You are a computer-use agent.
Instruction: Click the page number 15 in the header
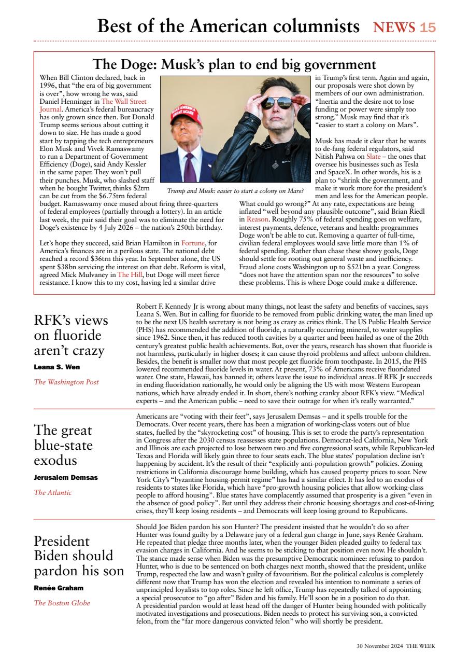(428, 27)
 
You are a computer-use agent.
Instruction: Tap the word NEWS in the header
(394, 27)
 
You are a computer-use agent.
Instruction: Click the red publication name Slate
(373, 156)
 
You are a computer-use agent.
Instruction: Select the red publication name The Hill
(130, 274)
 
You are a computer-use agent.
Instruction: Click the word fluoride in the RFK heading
(67, 335)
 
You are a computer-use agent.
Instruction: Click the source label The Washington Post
(66, 382)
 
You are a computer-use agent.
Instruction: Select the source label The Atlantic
(53, 492)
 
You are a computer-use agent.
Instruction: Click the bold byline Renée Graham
(59, 588)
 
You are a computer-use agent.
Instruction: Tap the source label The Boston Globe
(62, 603)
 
